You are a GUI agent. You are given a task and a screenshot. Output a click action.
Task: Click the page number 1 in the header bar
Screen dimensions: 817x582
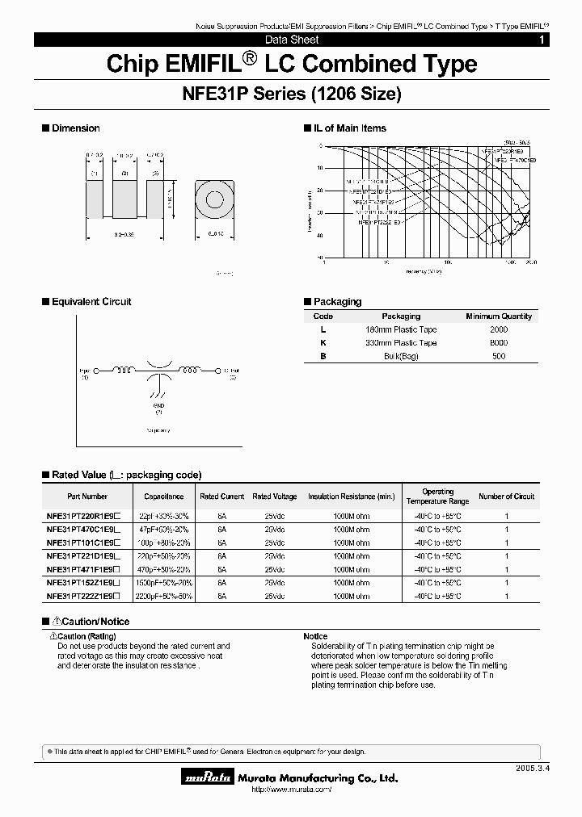[563, 40]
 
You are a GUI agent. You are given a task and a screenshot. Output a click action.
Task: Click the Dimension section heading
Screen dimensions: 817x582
[75, 128]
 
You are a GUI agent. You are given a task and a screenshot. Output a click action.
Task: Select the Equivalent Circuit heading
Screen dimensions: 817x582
[91, 302]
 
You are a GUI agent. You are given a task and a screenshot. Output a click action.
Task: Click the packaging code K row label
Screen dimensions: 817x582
[323, 343]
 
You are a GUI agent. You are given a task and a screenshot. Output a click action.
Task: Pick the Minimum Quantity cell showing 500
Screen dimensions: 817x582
[499, 356]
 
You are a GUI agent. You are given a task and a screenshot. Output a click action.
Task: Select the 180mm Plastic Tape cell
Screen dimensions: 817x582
[401, 329]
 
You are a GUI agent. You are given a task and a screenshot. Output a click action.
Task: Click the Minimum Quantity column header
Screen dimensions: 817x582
[499, 316]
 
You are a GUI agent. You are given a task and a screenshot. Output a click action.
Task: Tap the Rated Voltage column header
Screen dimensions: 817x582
[274, 496]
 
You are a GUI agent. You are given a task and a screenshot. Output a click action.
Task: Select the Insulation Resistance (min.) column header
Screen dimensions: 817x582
[351, 496]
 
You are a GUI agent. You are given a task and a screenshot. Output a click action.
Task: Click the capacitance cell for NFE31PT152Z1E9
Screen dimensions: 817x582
[164, 582]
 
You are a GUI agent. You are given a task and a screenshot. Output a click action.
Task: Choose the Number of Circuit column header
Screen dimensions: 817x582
[507, 496]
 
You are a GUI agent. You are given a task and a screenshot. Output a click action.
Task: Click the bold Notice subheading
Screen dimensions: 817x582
[315, 636]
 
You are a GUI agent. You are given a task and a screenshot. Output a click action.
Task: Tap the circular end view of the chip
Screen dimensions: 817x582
[213, 201]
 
